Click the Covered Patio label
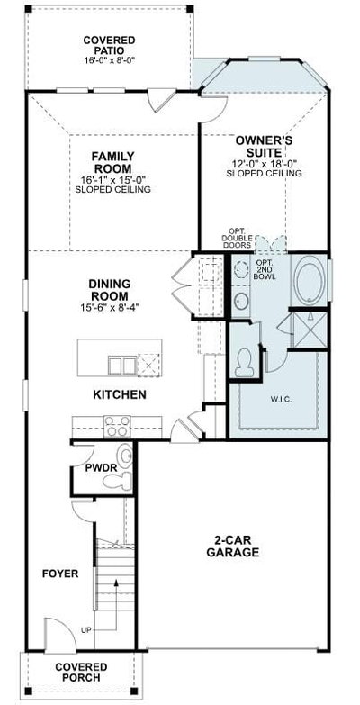coord(109,45)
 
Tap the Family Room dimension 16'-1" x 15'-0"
coord(112,180)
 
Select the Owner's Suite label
coord(265,146)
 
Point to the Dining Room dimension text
coord(109,308)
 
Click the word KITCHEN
coord(119,394)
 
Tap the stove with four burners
coord(117,426)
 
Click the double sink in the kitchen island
coord(122,366)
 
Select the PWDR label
coord(101,468)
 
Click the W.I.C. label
coord(281,399)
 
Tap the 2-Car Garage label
coord(233,547)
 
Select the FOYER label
coord(60,574)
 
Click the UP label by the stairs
coord(85,630)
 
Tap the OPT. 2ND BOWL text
coord(265,269)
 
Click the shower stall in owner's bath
coord(310,330)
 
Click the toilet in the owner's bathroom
coord(245,363)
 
